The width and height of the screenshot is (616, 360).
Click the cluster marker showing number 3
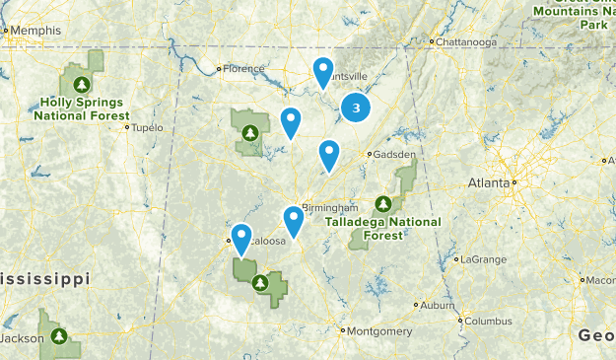point(356,108)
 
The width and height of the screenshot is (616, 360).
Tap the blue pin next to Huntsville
point(323,71)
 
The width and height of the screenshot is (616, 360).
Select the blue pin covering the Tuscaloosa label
point(241,236)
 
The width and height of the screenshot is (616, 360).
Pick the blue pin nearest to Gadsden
point(329,154)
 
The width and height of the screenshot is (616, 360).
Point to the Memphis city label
point(34,31)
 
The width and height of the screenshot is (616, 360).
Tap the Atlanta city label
point(489,182)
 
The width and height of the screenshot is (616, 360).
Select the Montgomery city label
point(379,330)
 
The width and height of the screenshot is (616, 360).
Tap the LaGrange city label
point(483,259)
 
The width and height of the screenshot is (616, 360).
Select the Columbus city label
point(489,321)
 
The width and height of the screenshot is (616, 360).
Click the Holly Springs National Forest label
point(82,108)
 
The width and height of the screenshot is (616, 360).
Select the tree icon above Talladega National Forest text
point(382,205)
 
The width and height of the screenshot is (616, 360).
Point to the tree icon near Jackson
point(60,336)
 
